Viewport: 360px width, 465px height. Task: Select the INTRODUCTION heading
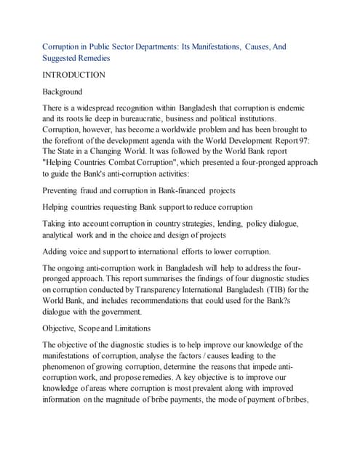74,75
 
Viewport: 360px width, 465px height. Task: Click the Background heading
63,92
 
